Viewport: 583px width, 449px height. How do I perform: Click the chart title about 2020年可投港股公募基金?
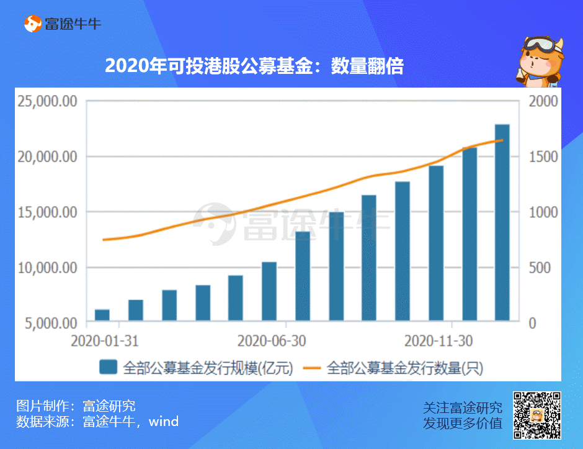(254, 66)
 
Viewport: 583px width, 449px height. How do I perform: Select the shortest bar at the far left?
(102, 315)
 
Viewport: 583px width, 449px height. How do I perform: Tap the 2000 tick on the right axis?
(542, 101)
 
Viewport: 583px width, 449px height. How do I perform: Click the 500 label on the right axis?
(539, 268)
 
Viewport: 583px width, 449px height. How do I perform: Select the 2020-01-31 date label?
(104, 340)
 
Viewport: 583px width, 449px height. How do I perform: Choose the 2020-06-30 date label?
(272, 340)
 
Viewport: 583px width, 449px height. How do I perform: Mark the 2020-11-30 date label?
(438, 340)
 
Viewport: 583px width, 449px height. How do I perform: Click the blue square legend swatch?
(108, 368)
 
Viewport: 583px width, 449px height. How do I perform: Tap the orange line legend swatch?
(311, 368)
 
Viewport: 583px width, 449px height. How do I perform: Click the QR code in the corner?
(537, 415)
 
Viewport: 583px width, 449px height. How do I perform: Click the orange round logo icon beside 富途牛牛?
(32, 24)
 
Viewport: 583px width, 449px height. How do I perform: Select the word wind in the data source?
(164, 422)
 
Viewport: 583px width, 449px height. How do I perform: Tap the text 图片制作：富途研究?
(75, 407)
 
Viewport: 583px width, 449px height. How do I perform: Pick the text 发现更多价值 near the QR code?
(463, 423)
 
